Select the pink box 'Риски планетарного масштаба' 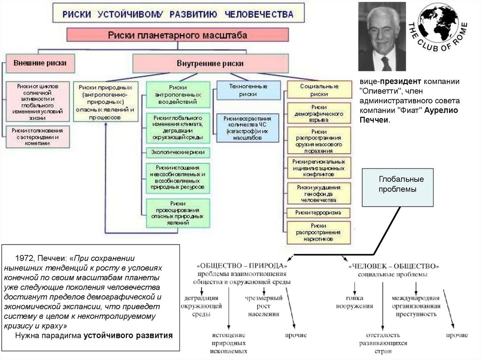(178, 35)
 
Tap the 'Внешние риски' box (40, 63)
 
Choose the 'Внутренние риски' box (210, 63)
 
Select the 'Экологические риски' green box (178, 153)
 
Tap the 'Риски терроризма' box (319, 213)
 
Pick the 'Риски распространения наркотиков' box (319, 232)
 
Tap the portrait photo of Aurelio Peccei (381, 37)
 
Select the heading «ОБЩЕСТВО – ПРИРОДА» (242, 266)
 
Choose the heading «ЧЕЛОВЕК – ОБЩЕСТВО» (394, 266)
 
